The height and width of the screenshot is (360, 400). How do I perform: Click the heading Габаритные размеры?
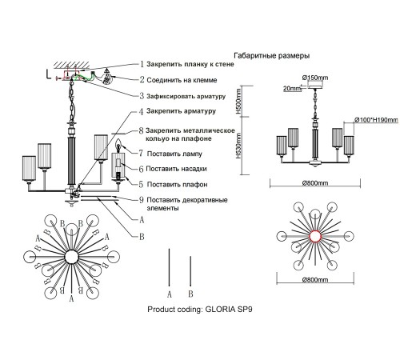coord(271,56)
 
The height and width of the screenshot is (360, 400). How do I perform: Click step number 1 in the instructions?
coord(142,64)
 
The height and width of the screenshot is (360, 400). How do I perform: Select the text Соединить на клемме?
coord(182,80)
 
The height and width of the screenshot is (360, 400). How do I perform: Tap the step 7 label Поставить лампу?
coord(174,154)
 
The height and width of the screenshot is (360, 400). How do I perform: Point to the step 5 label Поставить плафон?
coord(178,185)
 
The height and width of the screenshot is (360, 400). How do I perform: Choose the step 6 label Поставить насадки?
coord(176,169)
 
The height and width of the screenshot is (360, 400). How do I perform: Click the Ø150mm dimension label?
coord(315,78)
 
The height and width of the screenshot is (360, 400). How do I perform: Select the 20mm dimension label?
coord(292,88)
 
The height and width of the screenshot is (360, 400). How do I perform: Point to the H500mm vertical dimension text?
coord(238,102)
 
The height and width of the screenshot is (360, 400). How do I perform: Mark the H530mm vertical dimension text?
coord(238,146)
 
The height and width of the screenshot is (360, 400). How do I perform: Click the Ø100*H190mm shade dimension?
coord(376,120)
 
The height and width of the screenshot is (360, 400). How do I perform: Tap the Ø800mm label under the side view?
coord(315,183)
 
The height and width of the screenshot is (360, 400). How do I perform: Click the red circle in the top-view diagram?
coord(315,236)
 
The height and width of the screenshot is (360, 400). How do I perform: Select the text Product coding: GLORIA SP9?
coord(200,310)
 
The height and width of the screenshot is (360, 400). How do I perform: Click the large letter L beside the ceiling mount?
coord(48,74)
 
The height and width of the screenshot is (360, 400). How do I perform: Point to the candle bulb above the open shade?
coord(118,146)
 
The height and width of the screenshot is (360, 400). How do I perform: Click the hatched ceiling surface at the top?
coord(71,65)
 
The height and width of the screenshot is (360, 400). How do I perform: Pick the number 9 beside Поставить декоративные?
coord(142,200)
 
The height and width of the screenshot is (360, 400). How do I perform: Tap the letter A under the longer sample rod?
coord(170,294)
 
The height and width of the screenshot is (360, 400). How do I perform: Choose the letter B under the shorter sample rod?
coord(190,294)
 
